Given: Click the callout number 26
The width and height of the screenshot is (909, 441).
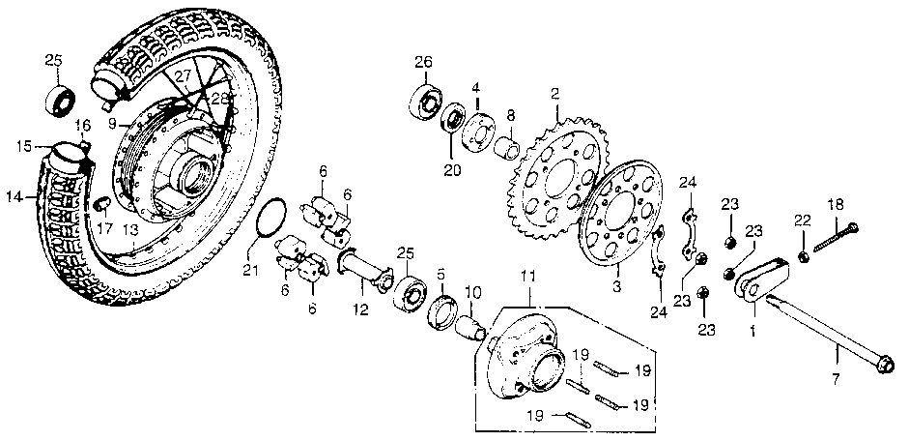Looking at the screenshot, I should (x=423, y=63).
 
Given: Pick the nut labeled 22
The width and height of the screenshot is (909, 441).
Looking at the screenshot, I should (x=804, y=256).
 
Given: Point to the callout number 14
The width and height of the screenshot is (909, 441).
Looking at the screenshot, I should (x=13, y=196).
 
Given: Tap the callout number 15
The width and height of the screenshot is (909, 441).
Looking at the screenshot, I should (x=26, y=146).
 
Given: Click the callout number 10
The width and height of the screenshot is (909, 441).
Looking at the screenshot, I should (x=473, y=292).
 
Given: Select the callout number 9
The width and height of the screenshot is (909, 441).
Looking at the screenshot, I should (x=112, y=124).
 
